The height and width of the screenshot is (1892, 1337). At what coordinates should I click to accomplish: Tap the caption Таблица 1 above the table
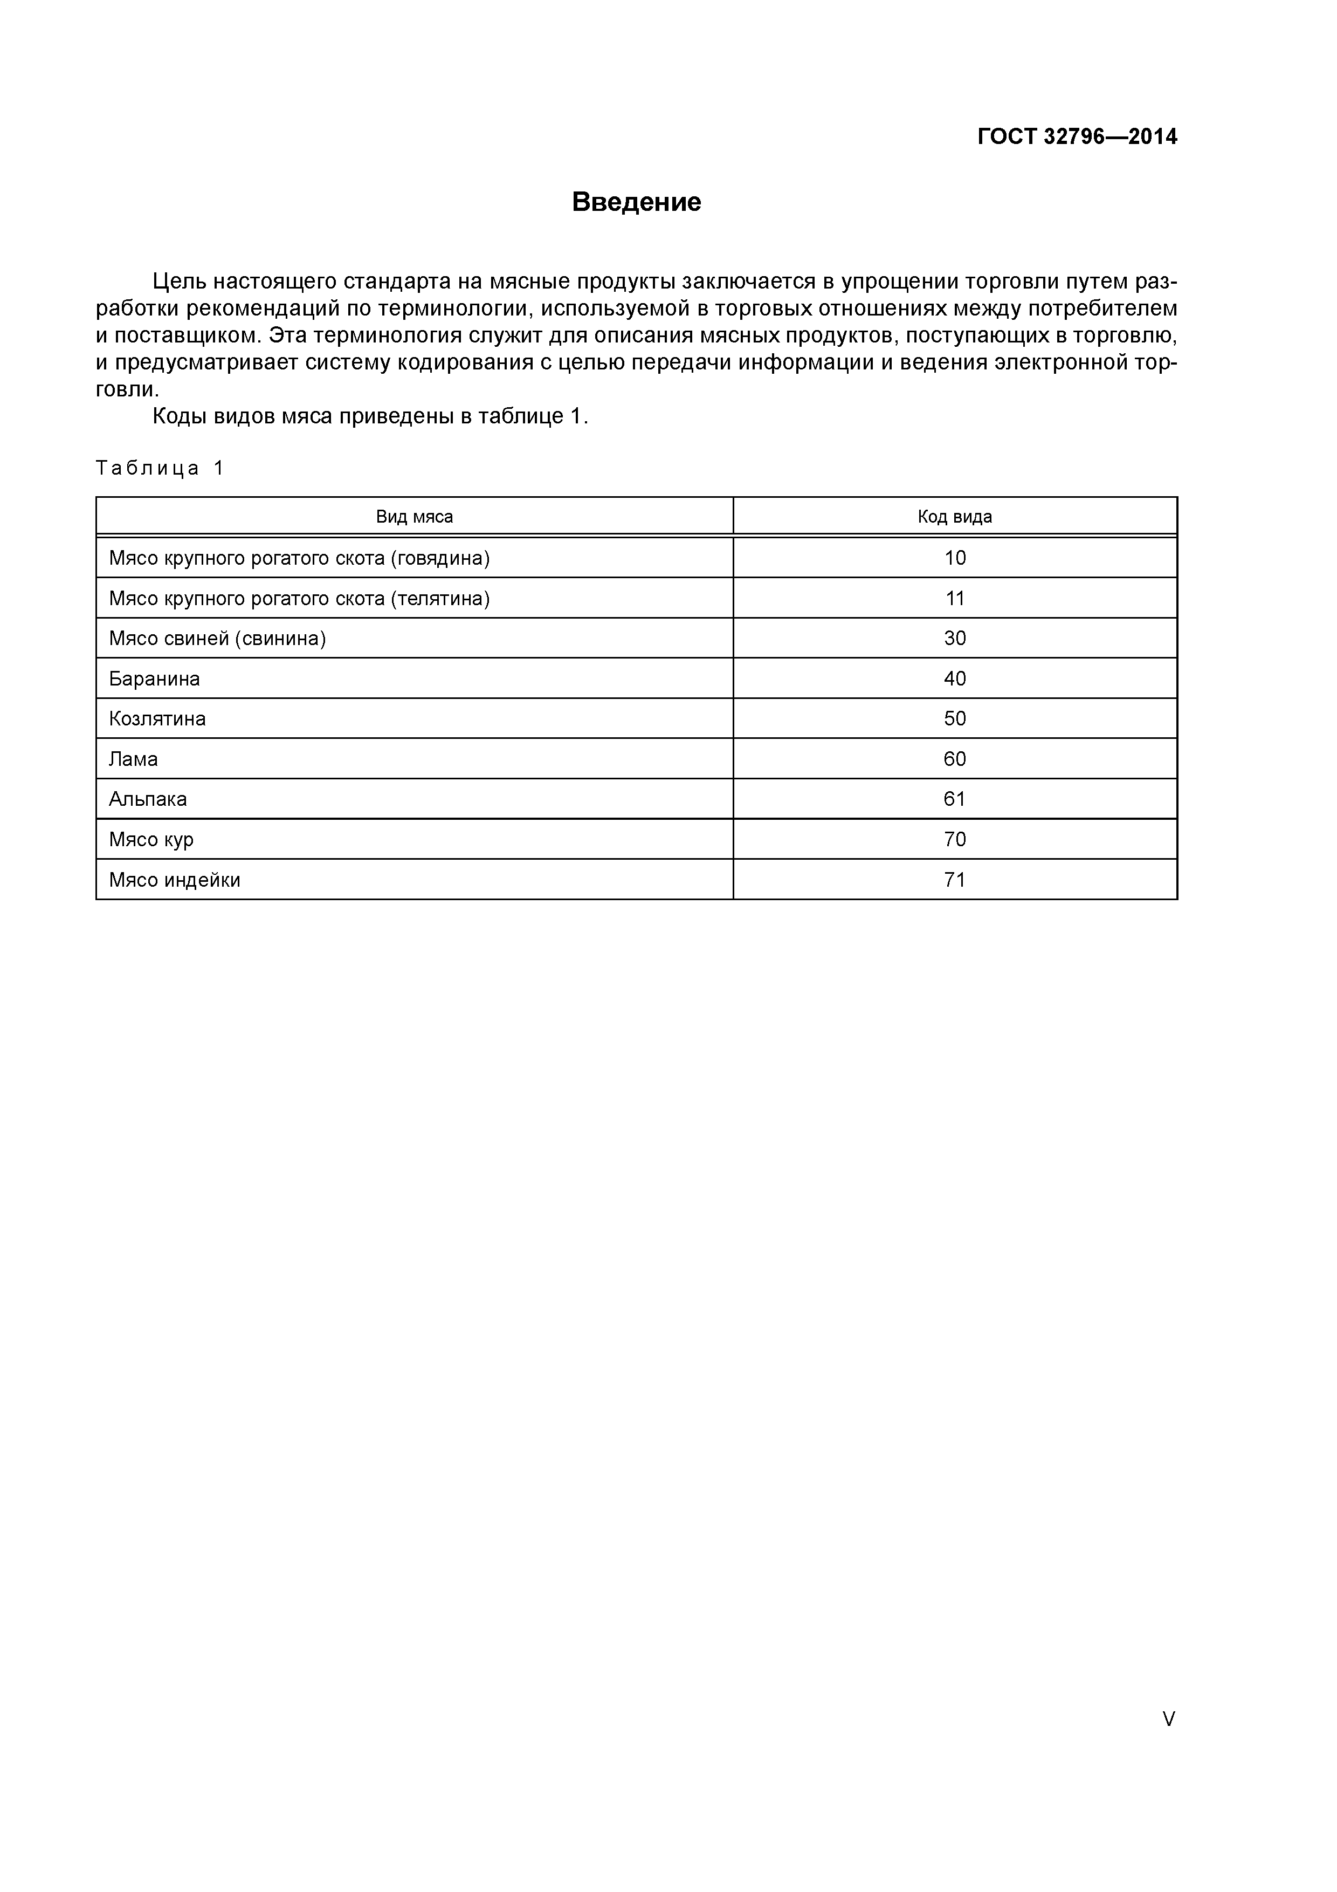pyautogui.click(x=160, y=468)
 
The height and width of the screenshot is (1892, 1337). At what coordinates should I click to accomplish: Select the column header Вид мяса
pyautogui.click(x=415, y=517)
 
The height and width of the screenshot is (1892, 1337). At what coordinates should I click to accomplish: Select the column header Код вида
pyautogui.click(x=955, y=517)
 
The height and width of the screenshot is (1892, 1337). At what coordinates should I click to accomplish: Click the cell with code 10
pyautogui.click(x=955, y=558)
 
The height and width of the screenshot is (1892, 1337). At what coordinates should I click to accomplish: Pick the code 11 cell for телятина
pyautogui.click(x=955, y=598)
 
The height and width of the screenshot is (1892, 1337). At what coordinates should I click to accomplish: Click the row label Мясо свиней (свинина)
pyautogui.click(x=217, y=639)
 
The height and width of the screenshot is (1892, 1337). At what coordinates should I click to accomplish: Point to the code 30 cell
pyautogui.click(x=955, y=639)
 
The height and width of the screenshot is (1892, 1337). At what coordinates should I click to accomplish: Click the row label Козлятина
pyautogui.click(x=157, y=718)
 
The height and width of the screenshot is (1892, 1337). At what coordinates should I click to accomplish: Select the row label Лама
pyautogui.click(x=134, y=759)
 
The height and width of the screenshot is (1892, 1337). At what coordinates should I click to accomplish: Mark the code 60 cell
pyautogui.click(x=955, y=759)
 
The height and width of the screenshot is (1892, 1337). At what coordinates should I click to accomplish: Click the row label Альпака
pyautogui.click(x=148, y=799)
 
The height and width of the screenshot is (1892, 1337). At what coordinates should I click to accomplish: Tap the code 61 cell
pyautogui.click(x=955, y=799)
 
